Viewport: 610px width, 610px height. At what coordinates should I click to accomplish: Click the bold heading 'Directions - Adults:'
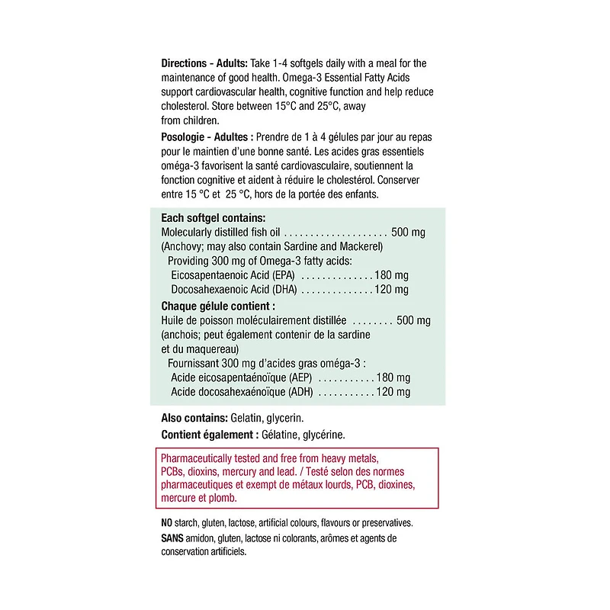coord(202,63)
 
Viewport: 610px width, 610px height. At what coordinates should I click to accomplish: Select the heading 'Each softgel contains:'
coord(213,217)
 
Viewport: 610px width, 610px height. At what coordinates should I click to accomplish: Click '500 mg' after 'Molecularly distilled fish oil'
coord(408,232)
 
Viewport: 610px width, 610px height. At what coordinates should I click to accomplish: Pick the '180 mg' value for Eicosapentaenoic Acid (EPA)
coord(392,275)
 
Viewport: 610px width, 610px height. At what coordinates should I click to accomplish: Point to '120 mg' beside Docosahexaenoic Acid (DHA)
coord(392,290)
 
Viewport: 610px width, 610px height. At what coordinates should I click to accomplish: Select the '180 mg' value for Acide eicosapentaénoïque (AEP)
coord(393,378)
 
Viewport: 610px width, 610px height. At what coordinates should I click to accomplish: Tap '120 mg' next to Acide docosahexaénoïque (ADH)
coord(393,393)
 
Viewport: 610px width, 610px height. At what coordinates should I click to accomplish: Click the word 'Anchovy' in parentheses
coord(182,246)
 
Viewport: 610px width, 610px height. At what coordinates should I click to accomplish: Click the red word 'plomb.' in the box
coord(221,499)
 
